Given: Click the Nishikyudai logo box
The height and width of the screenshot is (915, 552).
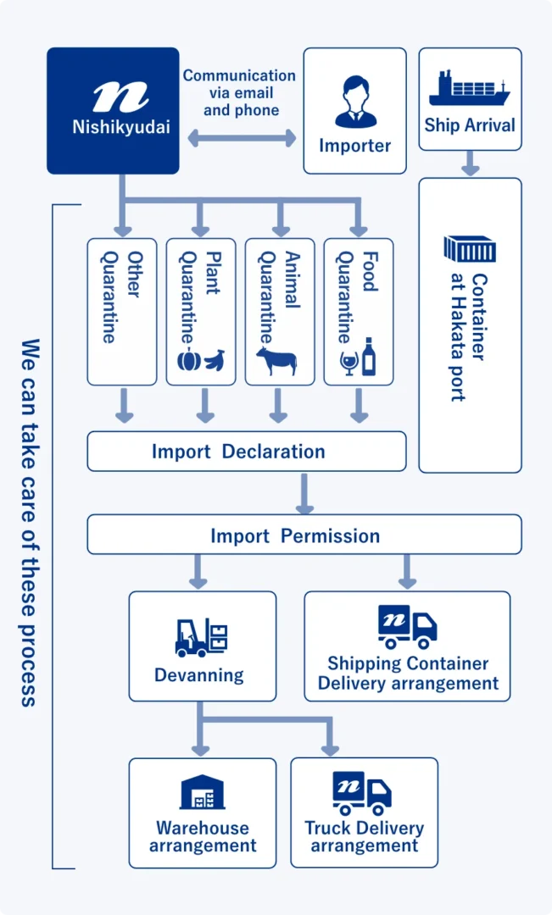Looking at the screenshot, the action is [113, 111].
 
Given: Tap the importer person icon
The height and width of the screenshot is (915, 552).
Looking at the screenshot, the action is [355, 102].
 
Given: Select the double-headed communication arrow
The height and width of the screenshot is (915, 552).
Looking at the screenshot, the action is [242, 139].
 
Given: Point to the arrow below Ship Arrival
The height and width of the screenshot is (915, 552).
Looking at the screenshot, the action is [471, 164].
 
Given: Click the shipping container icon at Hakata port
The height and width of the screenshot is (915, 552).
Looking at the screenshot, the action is [470, 249].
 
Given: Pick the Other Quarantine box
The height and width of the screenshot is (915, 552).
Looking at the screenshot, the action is [122, 312].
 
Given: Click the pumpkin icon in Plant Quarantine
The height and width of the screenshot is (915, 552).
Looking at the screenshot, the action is [189, 361].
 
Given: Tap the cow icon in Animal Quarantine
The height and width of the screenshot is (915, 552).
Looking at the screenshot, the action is [276, 361].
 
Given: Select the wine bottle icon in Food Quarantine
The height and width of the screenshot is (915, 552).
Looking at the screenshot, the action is [369, 357].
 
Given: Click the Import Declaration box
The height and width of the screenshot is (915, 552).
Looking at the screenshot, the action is [247, 451].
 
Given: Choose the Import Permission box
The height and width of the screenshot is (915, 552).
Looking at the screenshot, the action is [304, 535].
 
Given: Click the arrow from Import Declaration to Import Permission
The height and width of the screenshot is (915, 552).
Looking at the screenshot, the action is [304, 494].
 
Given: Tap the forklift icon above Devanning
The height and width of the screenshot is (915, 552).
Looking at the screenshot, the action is [202, 638].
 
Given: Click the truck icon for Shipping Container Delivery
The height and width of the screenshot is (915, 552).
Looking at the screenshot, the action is [407, 627].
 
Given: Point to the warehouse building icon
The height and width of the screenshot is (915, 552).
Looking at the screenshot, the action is [202, 792].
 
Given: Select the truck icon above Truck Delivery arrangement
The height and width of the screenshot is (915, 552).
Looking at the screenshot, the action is [362, 793].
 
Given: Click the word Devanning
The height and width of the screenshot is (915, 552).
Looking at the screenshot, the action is [199, 675].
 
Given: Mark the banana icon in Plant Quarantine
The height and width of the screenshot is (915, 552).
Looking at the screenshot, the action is [215, 360].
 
